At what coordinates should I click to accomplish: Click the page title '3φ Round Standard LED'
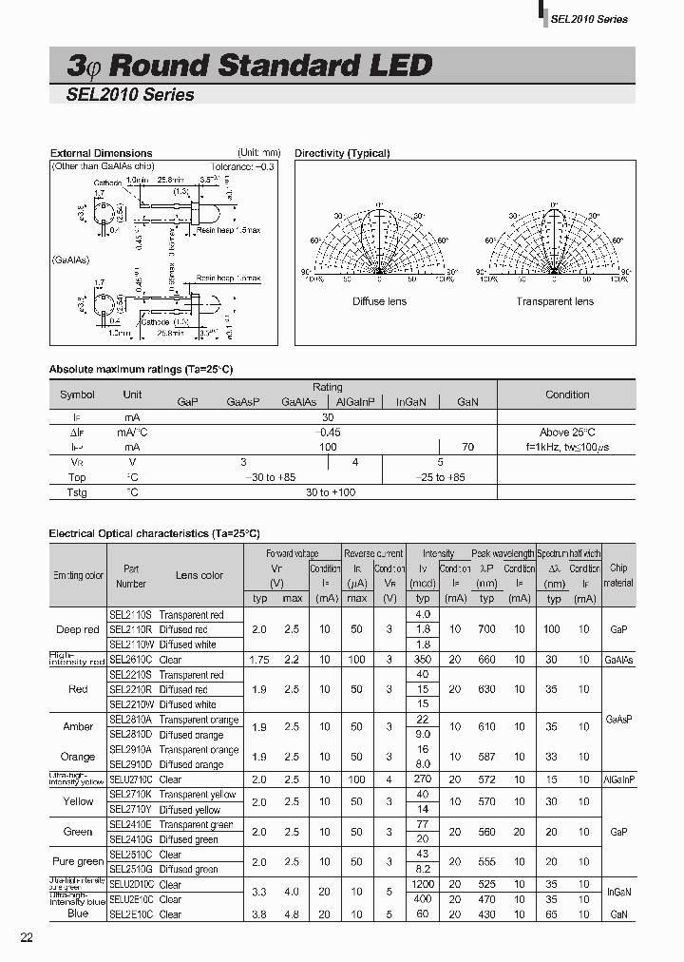249,65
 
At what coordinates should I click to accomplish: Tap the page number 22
28,938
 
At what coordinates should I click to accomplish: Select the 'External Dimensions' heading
101,153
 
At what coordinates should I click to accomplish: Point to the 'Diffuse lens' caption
379,301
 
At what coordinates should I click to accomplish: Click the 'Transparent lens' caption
555,301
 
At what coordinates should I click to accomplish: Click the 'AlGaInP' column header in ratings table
357,402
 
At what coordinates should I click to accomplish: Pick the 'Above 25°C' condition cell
567,432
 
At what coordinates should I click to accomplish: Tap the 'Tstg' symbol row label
77,492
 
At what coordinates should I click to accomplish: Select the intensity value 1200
423,885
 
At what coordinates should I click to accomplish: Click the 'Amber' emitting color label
78,727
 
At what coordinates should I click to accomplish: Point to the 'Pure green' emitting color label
78,861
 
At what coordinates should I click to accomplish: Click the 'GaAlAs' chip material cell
618,660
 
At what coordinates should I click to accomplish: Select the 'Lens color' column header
199,575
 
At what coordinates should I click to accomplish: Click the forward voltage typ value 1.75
258,660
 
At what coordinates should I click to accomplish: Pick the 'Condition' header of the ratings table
567,394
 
